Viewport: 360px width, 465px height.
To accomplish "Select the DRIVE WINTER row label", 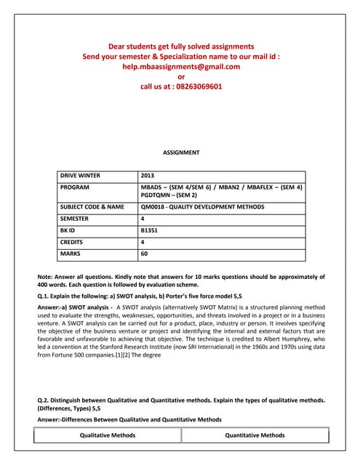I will [80, 176].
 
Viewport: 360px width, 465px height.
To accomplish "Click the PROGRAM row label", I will [76, 187].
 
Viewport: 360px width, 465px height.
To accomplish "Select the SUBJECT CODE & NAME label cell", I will [92, 207].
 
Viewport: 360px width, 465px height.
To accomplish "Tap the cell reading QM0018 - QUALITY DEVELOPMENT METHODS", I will [202, 207].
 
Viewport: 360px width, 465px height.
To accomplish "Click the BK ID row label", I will [70, 230].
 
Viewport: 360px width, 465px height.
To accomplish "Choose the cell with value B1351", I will [149, 230].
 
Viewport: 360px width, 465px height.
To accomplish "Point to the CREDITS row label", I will [72, 242].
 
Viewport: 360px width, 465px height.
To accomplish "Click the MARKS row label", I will [71, 254].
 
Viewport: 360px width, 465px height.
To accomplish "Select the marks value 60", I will [145, 254].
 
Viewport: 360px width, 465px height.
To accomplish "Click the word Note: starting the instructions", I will [45, 277].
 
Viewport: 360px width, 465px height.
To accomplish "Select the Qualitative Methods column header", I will [108, 435].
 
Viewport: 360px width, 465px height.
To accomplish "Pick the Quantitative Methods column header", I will [255, 435].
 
